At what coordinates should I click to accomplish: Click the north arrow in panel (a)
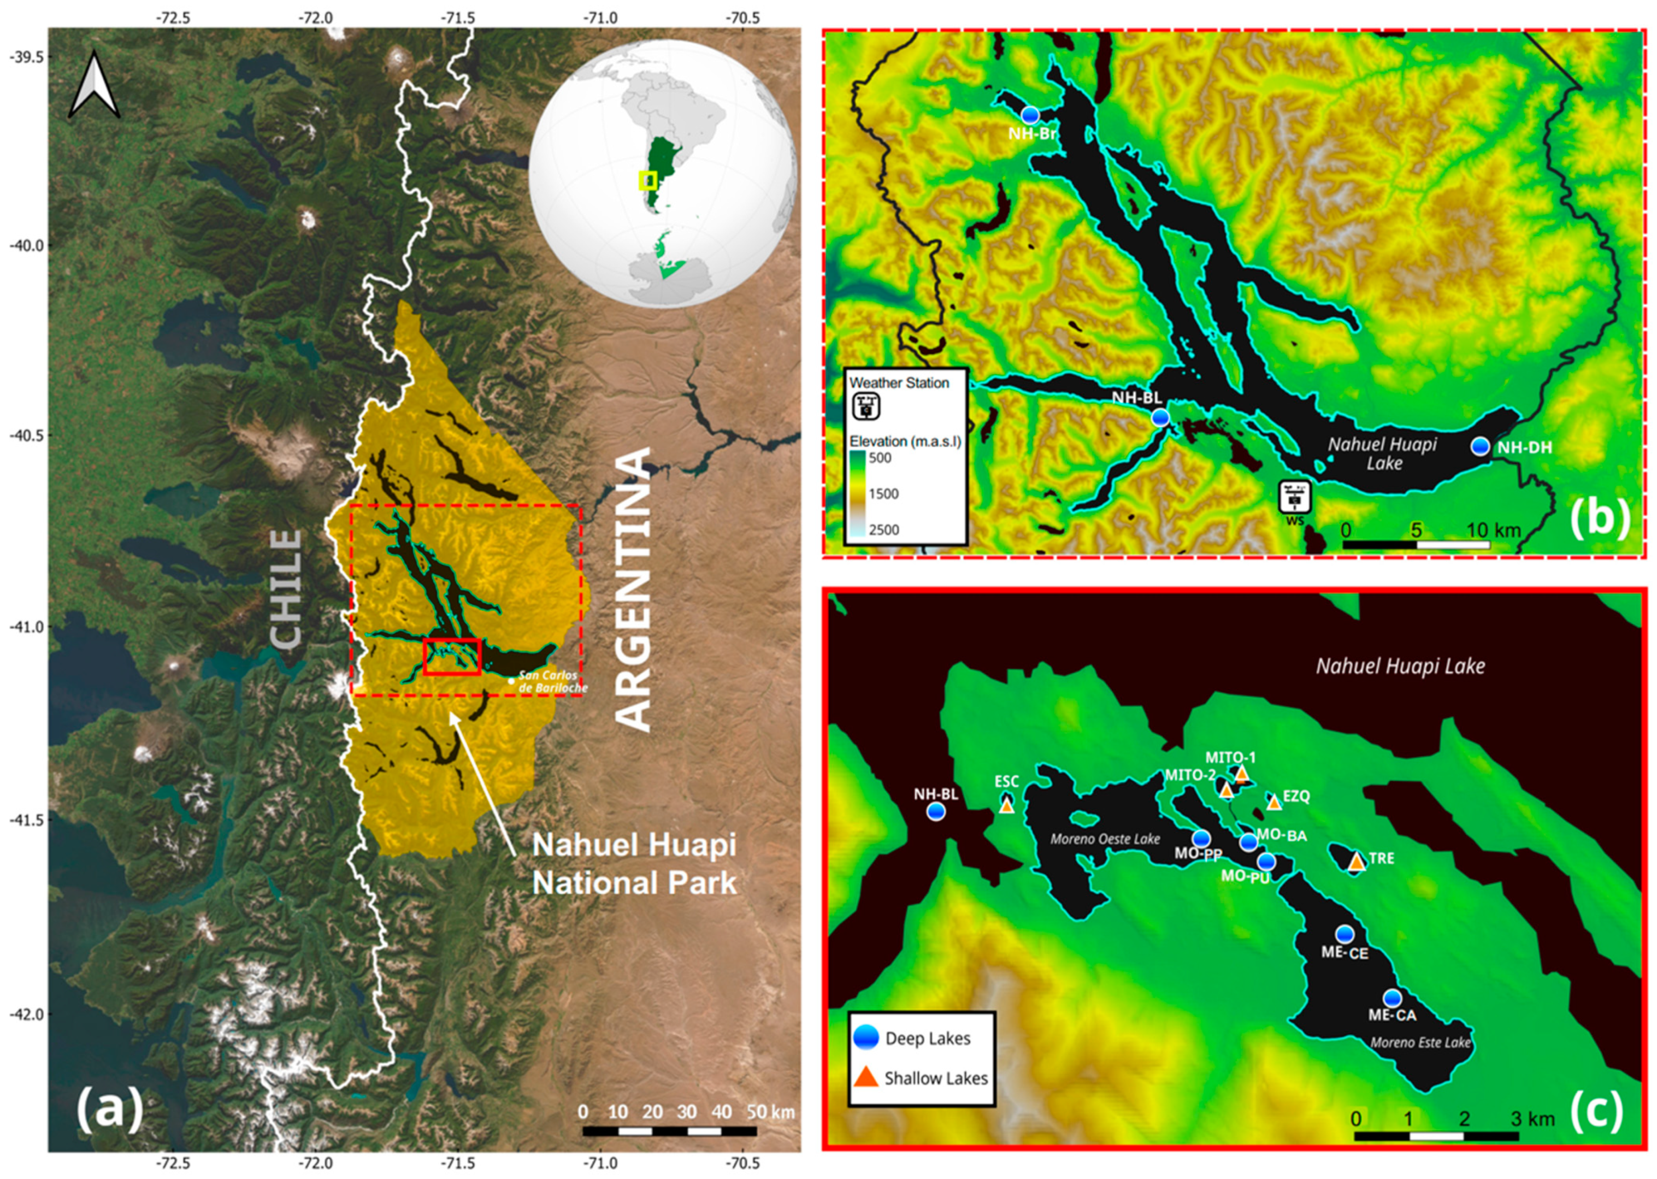95,86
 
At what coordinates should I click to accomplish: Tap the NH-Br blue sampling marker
1029,115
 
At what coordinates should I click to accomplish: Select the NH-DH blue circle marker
1480,446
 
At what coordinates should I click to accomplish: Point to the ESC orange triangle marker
1006,805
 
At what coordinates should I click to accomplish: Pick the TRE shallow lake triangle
1357,862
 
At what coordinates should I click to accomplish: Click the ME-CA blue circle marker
1391,998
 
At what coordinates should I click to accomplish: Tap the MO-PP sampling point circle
1201,839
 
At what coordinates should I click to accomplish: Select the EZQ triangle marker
1274,802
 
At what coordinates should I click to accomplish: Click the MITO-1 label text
1230,758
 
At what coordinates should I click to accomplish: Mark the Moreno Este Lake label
1420,1042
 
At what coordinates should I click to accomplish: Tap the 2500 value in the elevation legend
883,529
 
